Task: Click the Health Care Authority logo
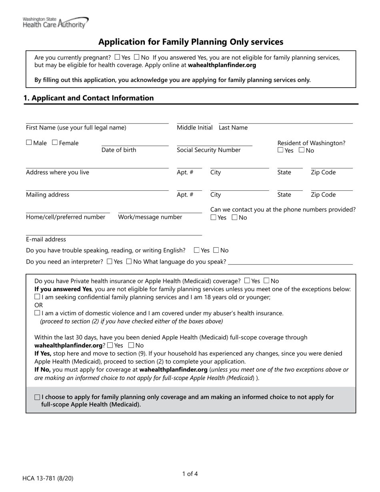[56, 23]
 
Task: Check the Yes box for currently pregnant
[117, 57]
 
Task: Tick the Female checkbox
[55, 142]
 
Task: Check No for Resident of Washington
[302, 150]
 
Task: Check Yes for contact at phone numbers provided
[214, 218]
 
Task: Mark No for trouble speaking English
[216, 250]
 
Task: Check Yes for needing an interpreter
[110, 262]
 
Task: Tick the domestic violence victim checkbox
[37, 313]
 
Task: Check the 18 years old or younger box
[37, 297]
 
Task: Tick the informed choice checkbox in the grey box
[38, 397]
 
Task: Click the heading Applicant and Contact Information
[88, 98]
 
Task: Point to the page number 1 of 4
[190, 474]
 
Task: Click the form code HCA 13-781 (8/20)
[48, 478]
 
